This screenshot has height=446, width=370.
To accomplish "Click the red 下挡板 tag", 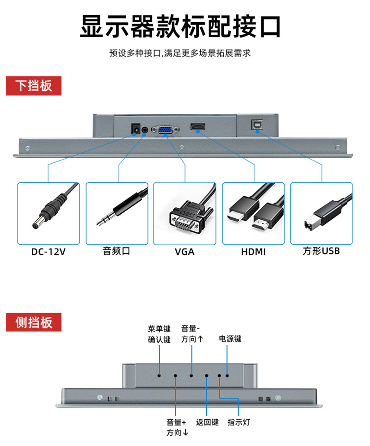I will pyautogui.click(x=33, y=86).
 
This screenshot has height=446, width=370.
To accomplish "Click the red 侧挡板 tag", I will pyautogui.click(x=33, y=322).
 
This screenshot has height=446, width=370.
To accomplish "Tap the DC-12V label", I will pyautogui.click(x=49, y=252).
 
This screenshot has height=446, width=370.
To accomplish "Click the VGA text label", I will pyautogui.click(x=185, y=252).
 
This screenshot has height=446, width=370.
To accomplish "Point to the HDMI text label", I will pyautogui.click(x=253, y=252).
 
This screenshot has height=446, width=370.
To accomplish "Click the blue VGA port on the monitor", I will pyautogui.click(x=165, y=129).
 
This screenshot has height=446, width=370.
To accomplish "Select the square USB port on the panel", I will pyautogui.click(x=256, y=125).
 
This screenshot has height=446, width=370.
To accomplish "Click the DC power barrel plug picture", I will pyautogui.click(x=49, y=213).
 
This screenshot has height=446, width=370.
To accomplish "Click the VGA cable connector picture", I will pyautogui.click(x=185, y=217).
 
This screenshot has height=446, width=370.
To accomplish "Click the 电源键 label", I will pyautogui.click(x=230, y=339).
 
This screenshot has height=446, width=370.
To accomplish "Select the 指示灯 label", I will pyautogui.click(x=239, y=422).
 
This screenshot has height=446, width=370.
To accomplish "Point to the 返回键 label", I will pyautogui.click(x=207, y=422).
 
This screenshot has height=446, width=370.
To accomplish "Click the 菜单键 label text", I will pyautogui.click(x=160, y=329).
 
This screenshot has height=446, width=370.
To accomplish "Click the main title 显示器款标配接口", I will pyautogui.click(x=180, y=27).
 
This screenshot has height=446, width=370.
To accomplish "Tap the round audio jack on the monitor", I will pyautogui.click(x=145, y=130).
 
